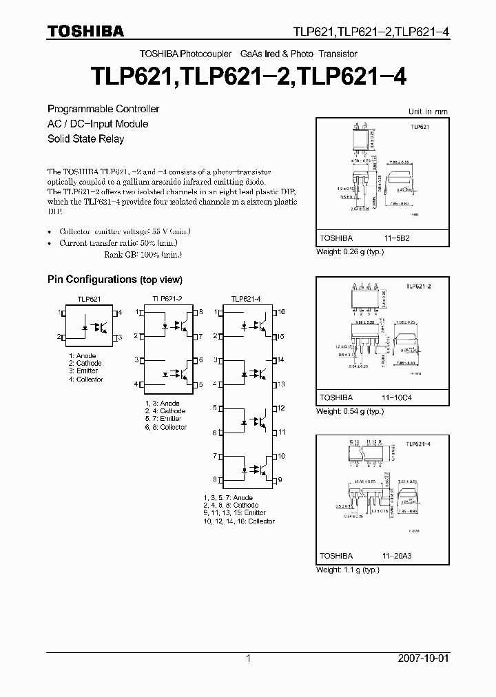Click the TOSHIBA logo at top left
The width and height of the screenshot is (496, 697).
click(85, 31)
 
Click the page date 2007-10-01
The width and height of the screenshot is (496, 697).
click(446, 658)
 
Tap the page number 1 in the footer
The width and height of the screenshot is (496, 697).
click(249, 658)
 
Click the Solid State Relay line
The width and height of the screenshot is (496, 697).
click(85, 139)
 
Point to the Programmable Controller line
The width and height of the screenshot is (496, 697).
click(103, 109)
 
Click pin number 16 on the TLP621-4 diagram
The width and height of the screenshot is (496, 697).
click(280, 312)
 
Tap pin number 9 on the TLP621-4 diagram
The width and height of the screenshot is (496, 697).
click(279, 479)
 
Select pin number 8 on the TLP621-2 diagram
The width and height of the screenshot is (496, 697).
click(200, 312)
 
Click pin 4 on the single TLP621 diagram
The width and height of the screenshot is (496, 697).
click(120, 313)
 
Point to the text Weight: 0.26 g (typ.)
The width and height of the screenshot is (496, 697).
click(349, 252)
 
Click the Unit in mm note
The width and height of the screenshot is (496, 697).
click(428, 112)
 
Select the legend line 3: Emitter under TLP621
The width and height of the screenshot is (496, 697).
click(85, 371)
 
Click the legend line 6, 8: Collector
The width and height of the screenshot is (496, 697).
click(165, 427)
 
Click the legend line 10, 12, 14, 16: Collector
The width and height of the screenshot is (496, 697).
click(238, 521)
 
